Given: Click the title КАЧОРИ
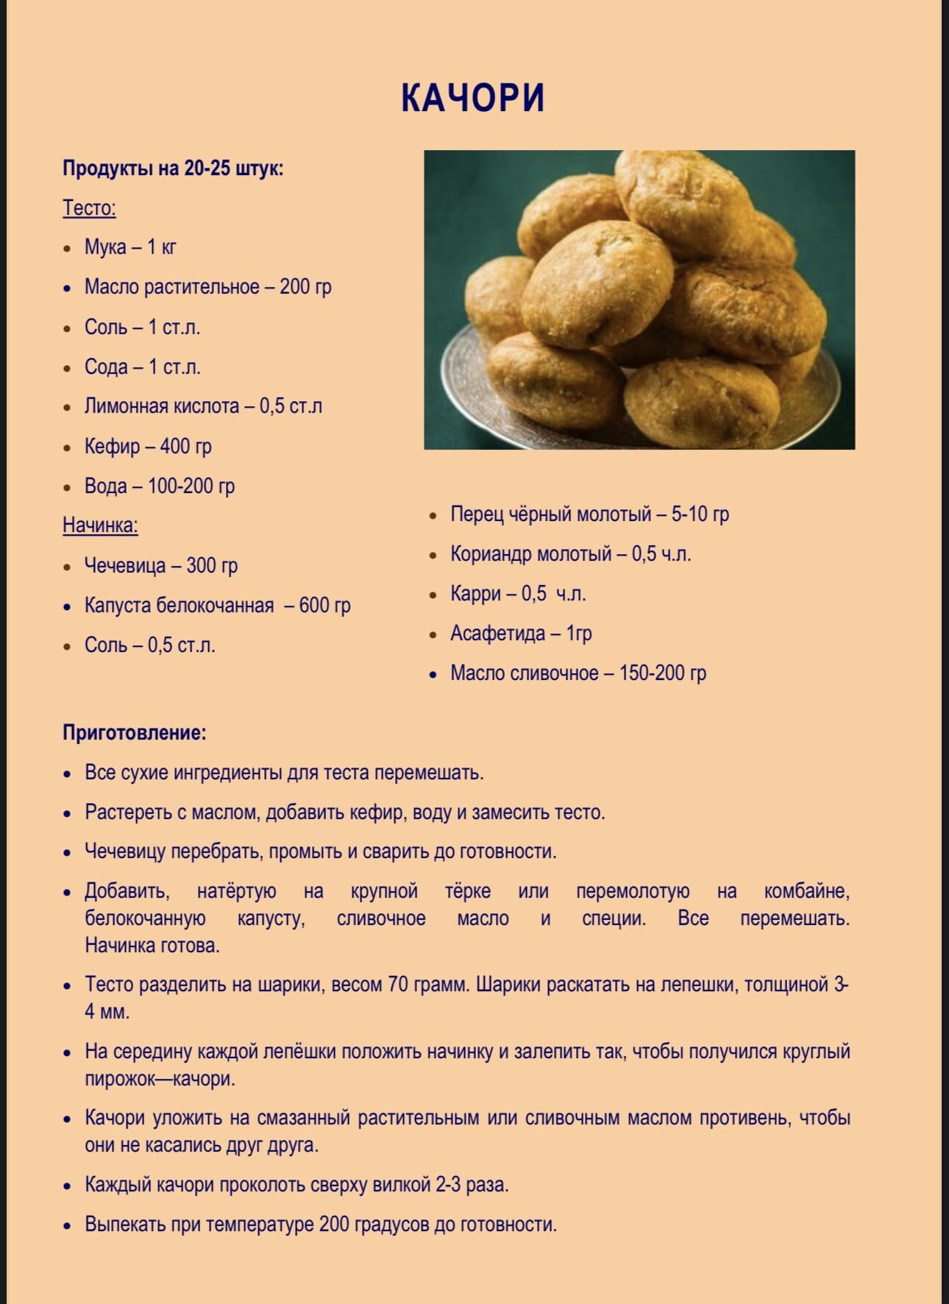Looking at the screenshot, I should pos(473,98).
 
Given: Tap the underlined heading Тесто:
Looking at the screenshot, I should pos(89,208).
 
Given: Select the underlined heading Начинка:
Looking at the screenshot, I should pos(100,525).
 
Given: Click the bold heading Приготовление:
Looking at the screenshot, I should pos(134,733).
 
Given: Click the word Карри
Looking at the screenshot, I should pos(475,593).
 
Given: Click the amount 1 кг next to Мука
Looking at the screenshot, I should pos(162,247).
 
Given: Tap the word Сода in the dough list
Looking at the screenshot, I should pos(106,366).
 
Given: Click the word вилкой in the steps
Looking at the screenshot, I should pos(403,1185).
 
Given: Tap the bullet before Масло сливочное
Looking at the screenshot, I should pos(433,674).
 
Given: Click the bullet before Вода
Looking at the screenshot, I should pos(68,487).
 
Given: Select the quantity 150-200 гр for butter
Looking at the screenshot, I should pos(662,673).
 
